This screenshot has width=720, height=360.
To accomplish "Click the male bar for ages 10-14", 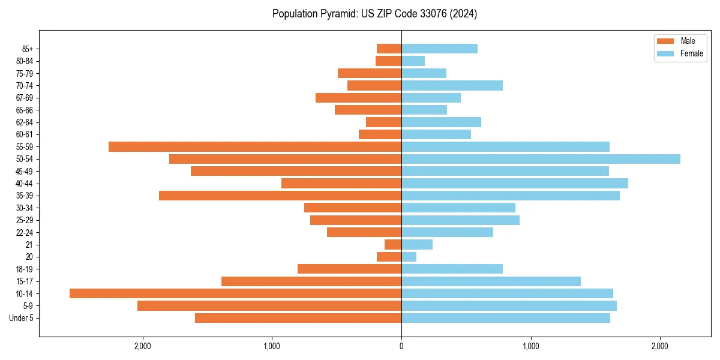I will [235, 293].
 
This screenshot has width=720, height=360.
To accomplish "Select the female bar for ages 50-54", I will [541, 159].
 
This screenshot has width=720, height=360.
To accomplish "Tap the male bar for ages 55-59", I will [255, 146].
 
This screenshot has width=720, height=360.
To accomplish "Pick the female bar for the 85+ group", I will [439, 49].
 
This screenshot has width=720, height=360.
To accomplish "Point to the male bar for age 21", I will [393, 244].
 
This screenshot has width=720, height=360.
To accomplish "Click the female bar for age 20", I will [409, 257].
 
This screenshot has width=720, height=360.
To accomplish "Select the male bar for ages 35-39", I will [280, 196].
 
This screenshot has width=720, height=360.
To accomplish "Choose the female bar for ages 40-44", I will [515, 183].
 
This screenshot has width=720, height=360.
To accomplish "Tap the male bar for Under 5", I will [298, 318].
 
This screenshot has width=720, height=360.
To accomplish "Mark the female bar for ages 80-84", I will [413, 61].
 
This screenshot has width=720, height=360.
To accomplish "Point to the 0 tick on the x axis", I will [401, 346].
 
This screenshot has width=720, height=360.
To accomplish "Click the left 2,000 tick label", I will [142, 346].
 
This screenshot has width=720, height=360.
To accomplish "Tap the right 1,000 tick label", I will [530, 346].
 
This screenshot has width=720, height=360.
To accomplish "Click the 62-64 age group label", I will [24, 122].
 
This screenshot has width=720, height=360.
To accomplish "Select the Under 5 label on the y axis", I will [21, 318].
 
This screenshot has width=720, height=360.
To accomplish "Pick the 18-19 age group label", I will [24, 269].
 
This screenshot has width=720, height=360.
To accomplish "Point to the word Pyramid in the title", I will [337, 14].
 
